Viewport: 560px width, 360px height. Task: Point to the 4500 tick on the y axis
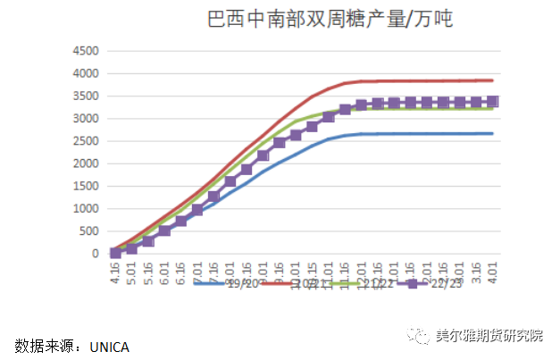tap(83, 50)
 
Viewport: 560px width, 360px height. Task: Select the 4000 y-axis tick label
tap(83, 72)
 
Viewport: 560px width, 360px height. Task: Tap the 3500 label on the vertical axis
tap(83, 96)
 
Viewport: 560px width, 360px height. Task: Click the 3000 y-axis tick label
tap(83, 118)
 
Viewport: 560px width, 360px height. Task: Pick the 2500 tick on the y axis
tap(83, 140)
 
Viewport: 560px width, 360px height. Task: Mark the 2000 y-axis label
tap(83, 163)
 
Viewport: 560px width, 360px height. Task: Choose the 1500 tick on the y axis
tap(83, 186)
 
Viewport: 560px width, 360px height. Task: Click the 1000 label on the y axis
tap(83, 208)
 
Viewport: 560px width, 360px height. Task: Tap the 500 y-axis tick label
tap(87, 231)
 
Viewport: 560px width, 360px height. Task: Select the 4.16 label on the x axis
tap(115, 272)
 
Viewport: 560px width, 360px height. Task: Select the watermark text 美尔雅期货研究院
tap(489, 337)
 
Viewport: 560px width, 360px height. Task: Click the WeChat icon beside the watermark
tap(419, 337)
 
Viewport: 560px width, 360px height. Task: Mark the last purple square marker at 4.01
tap(492, 102)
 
